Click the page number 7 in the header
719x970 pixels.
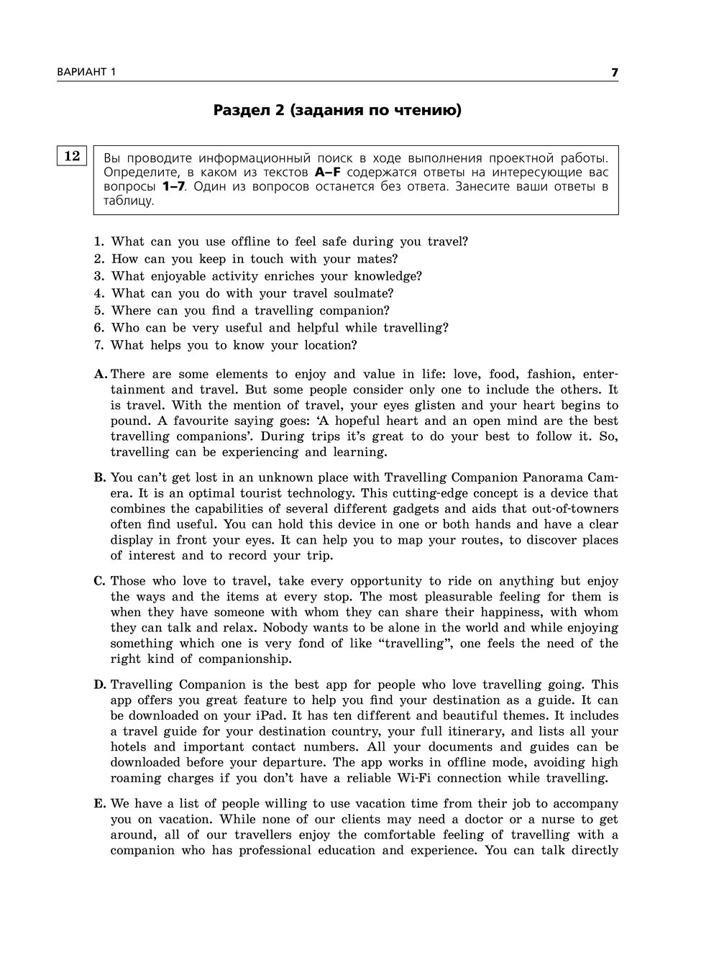[614, 72]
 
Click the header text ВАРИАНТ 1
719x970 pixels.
[86, 72]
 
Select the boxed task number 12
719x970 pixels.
[72, 155]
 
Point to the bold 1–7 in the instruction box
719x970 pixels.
[173, 186]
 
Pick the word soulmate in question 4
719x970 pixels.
[361, 293]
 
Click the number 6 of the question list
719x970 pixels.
[99, 328]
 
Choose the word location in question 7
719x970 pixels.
[328, 345]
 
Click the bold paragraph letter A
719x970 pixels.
[100, 374]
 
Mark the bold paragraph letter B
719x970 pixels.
[99, 477]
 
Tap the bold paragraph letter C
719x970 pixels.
[99, 581]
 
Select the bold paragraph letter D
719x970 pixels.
[99, 685]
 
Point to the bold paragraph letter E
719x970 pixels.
[99, 803]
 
